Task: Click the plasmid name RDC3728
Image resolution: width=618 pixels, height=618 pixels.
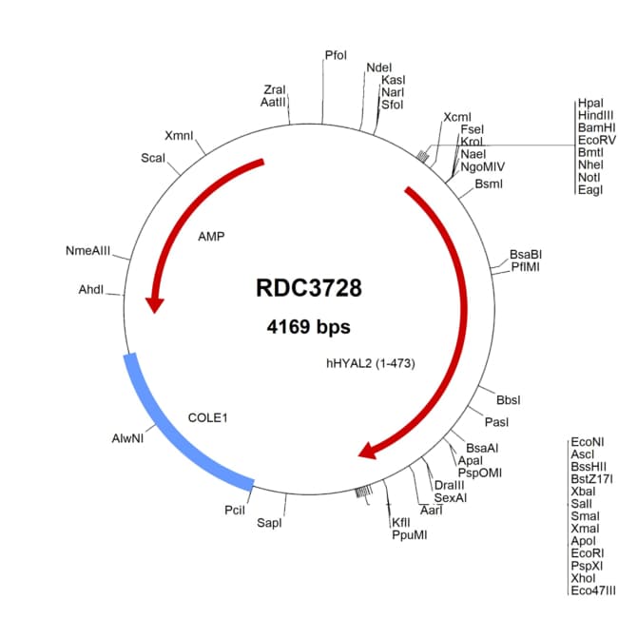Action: tap(309, 288)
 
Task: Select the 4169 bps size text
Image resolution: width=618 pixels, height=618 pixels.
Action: tap(309, 327)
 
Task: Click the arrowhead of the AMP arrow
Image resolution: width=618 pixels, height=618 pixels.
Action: tap(154, 304)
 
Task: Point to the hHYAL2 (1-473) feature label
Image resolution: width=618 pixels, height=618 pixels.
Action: tap(371, 363)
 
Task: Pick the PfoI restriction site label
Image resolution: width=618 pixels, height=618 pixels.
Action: tap(336, 55)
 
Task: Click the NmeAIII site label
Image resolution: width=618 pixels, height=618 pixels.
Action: tap(87, 251)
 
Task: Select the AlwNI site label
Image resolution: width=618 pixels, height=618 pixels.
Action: tap(127, 438)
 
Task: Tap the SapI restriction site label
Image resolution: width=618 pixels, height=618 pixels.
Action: tap(269, 523)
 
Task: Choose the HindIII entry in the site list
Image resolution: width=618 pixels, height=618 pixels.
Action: tap(595, 115)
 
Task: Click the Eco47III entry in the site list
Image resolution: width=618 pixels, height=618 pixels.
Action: tap(592, 590)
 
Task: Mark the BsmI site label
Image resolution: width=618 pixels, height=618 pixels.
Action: tap(489, 184)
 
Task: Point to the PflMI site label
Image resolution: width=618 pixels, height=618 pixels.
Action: tap(525, 267)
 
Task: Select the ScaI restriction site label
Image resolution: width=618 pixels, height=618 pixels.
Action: tap(153, 158)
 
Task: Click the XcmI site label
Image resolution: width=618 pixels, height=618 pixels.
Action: tap(457, 117)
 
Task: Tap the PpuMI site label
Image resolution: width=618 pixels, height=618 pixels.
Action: tap(410, 535)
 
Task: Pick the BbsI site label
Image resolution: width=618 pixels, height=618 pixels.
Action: tap(509, 400)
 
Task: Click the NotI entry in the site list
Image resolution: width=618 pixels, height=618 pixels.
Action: tap(589, 178)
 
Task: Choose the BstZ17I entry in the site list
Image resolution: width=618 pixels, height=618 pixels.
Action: tap(591, 479)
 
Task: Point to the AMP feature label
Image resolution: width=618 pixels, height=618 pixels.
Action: tap(211, 237)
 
